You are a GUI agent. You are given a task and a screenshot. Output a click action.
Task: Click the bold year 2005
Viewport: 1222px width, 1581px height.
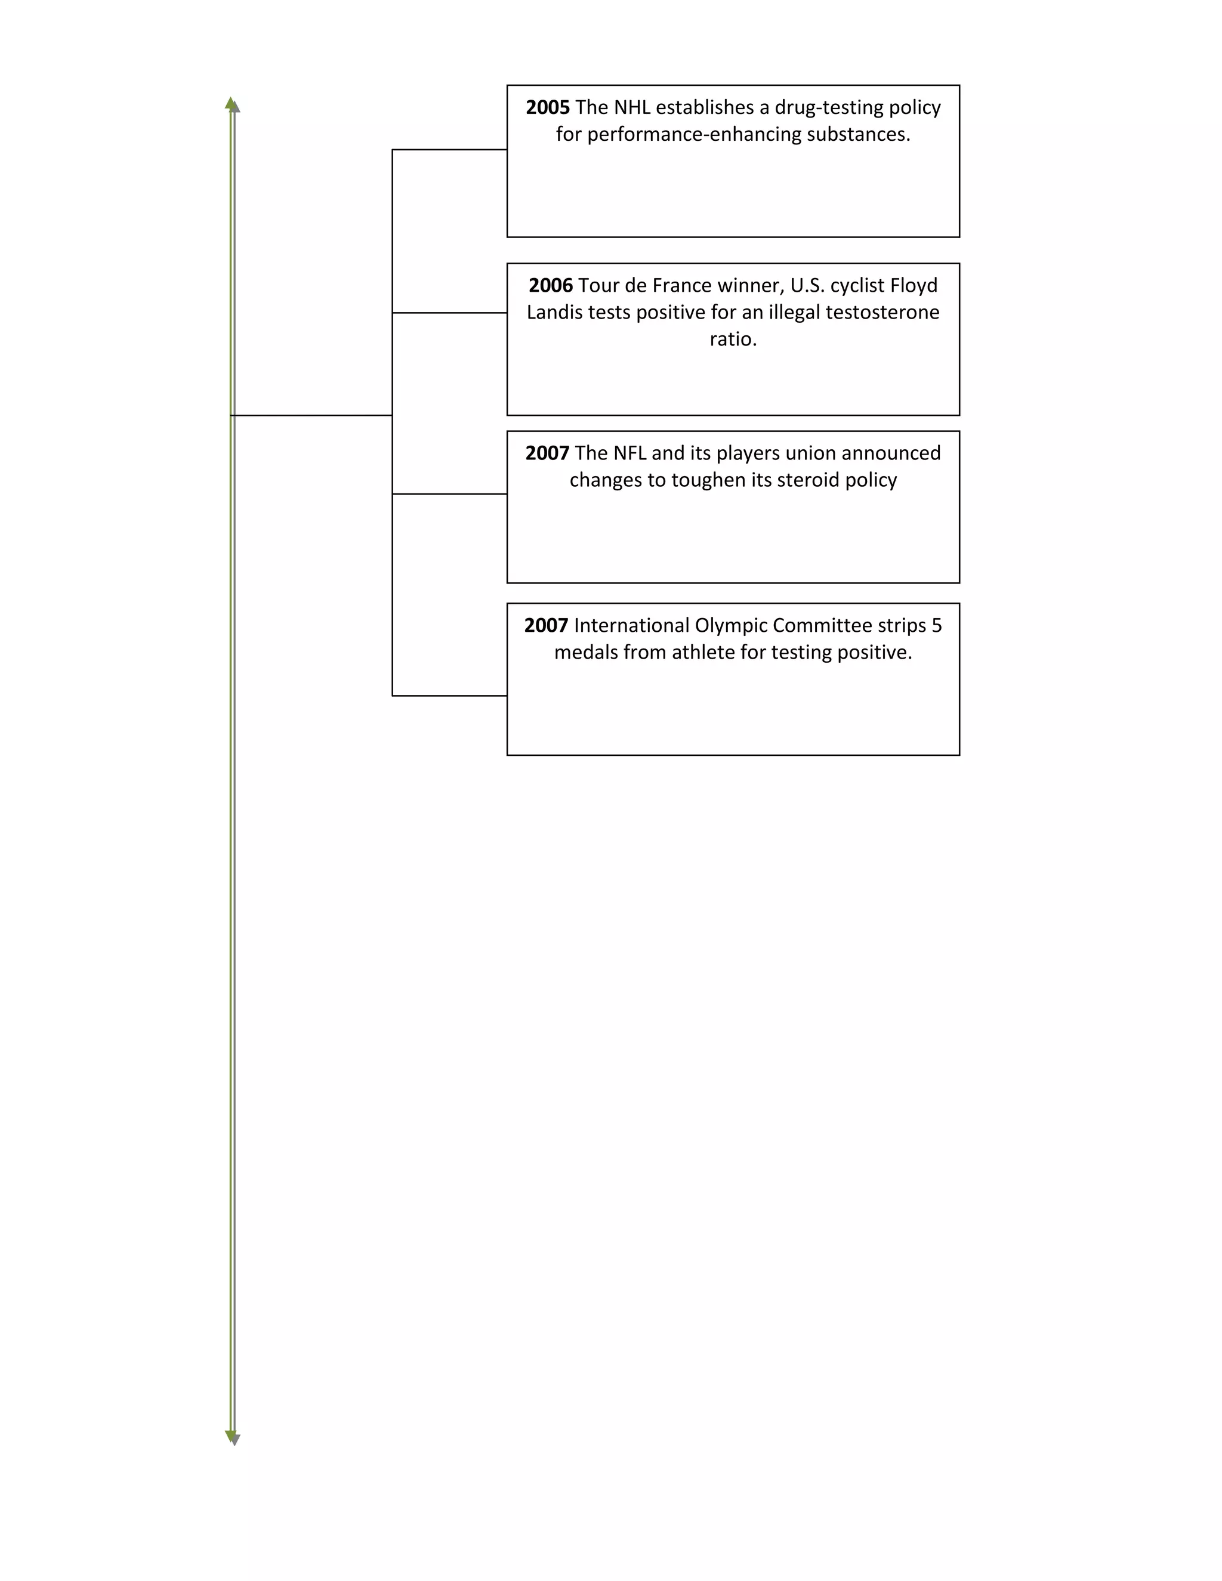click(x=547, y=108)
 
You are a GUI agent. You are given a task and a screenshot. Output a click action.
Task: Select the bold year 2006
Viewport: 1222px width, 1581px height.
click(x=550, y=286)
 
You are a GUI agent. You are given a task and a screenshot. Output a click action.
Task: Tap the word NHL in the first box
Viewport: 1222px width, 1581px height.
click(x=632, y=108)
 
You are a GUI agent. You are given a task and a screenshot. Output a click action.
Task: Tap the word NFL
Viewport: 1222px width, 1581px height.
click(x=629, y=454)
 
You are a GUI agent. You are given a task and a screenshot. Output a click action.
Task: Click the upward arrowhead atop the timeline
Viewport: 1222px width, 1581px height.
click(x=232, y=104)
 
